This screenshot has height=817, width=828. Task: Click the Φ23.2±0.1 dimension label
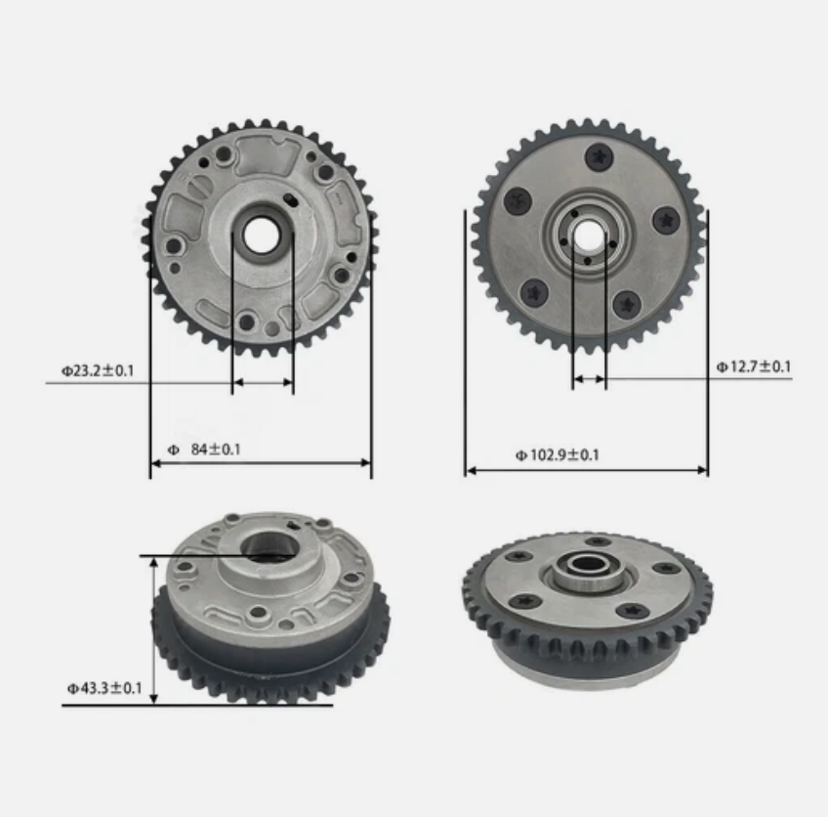click(x=98, y=371)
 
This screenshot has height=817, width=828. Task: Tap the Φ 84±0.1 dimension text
click(x=204, y=449)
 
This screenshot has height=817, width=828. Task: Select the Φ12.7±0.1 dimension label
click(x=753, y=367)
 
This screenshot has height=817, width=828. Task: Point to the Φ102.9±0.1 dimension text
click(x=558, y=454)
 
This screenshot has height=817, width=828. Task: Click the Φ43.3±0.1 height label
click(x=104, y=689)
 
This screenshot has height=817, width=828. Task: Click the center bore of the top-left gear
click(x=262, y=234)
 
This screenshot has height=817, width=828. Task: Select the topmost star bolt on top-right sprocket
click(x=597, y=156)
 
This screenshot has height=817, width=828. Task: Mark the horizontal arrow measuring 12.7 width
click(x=589, y=378)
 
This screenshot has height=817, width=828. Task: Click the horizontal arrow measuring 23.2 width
click(x=263, y=383)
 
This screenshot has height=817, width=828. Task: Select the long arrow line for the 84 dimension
click(x=261, y=462)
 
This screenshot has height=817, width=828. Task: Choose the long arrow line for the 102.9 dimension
click(x=586, y=470)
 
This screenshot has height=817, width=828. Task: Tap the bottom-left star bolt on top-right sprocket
click(x=534, y=291)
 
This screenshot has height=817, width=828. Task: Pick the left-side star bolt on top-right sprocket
click(x=517, y=200)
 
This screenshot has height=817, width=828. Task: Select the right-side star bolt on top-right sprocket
click(x=666, y=221)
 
